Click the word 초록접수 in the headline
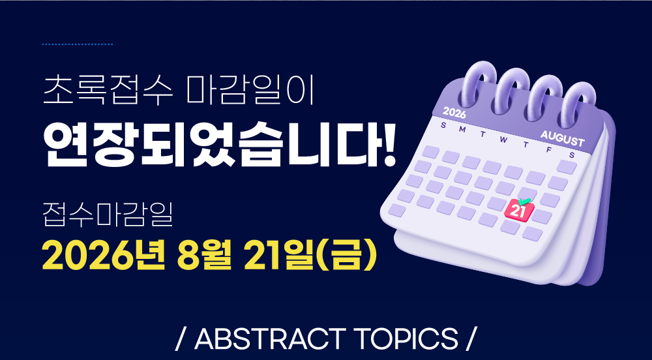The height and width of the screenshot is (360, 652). pyautogui.click(x=108, y=90)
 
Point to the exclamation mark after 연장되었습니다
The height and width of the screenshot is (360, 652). pyautogui.click(x=390, y=144)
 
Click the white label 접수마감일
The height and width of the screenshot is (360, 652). pyautogui.click(x=108, y=215)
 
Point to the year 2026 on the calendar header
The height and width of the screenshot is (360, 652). pyautogui.click(x=454, y=112)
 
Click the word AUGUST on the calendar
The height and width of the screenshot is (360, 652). pyautogui.click(x=562, y=138)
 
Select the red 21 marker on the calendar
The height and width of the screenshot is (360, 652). pyautogui.click(x=518, y=211)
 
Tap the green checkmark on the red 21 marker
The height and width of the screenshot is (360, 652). pyautogui.click(x=524, y=202)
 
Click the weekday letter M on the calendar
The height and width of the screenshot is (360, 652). pyautogui.click(x=462, y=129)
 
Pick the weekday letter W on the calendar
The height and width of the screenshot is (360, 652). pyautogui.click(x=503, y=140)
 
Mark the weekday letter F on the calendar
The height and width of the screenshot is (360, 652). pyautogui.click(x=549, y=149)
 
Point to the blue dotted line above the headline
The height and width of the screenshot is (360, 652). pyautogui.click(x=78, y=44)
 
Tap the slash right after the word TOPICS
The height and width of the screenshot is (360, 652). pyautogui.click(x=469, y=338)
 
